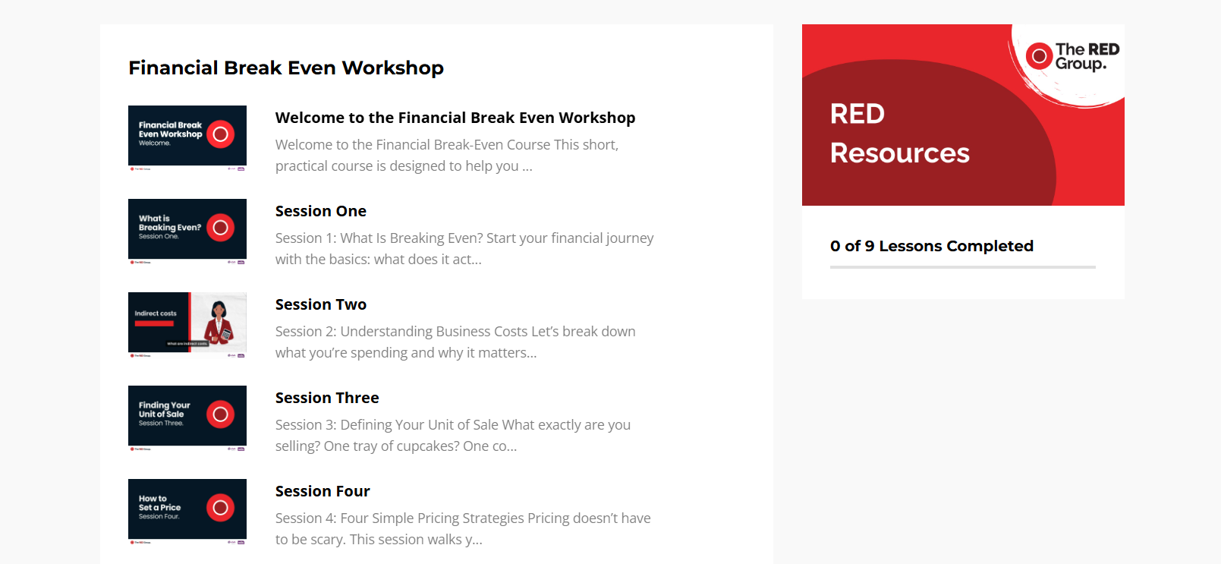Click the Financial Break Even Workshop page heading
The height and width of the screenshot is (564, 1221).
point(285,68)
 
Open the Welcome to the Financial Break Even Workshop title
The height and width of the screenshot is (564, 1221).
point(455,118)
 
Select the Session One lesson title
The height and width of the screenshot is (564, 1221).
point(320,211)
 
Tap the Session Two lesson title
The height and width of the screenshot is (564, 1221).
point(320,304)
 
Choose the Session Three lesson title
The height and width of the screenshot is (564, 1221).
point(326,398)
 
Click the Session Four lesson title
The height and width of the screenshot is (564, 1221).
point(322,491)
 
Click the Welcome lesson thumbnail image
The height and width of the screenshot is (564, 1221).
point(187,136)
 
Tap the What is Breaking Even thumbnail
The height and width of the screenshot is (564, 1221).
point(187,229)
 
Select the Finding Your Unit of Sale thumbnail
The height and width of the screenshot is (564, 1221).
point(187,416)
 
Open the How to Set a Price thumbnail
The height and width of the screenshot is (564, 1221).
point(187,509)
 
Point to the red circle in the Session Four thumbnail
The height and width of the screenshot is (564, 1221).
point(220,508)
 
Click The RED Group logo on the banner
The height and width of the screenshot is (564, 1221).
point(1072,57)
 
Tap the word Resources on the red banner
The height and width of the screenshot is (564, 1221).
point(899,153)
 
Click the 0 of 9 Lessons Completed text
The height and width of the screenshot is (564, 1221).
point(931,246)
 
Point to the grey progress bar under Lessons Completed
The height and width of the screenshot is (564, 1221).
point(962,267)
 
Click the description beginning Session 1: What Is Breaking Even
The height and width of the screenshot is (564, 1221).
point(464,248)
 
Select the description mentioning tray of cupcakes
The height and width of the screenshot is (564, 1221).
point(452,435)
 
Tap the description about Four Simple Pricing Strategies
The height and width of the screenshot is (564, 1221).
point(462,528)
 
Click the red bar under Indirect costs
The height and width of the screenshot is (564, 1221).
point(154,323)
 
